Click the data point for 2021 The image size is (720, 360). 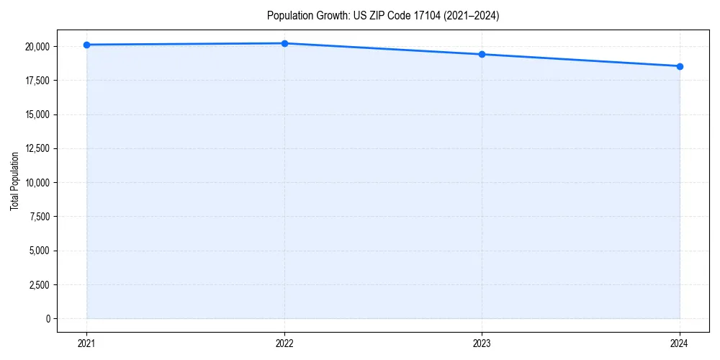pyautogui.click(x=86, y=45)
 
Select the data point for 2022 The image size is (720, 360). pyautogui.click(x=284, y=43)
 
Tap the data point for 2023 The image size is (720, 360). pyautogui.click(x=482, y=54)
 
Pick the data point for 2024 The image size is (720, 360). pyautogui.click(x=680, y=66)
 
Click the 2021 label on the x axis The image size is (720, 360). pyautogui.click(x=86, y=343)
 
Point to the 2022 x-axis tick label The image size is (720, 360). pyautogui.click(x=284, y=343)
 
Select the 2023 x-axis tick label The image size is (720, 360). pyautogui.click(x=482, y=343)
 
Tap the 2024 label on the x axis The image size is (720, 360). pyautogui.click(x=680, y=343)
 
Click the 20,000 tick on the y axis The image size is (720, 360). pyautogui.click(x=37, y=47)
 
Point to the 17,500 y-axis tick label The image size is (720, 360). pyautogui.click(x=37, y=81)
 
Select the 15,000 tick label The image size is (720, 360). pyautogui.click(x=37, y=114)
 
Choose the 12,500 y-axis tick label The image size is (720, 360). pyautogui.click(x=37, y=149)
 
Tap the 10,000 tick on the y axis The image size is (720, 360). pyautogui.click(x=37, y=183)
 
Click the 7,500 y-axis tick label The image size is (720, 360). pyautogui.click(x=39, y=217)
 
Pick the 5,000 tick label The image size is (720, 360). pyautogui.click(x=39, y=251)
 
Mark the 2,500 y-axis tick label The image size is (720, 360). pyautogui.click(x=39, y=285)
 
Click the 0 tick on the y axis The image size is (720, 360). pyautogui.click(x=48, y=319)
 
